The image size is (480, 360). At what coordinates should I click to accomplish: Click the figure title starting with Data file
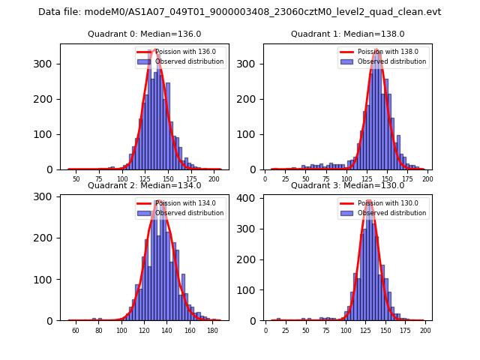click(x=240, y=12)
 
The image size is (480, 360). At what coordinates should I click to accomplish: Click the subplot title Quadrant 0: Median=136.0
click(x=144, y=34)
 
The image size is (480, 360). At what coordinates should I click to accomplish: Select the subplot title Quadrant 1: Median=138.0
click(x=347, y=34)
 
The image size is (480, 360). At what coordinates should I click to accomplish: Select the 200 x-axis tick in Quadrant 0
click(x=214, y=180)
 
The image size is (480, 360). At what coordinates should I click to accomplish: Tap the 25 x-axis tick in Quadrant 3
click(x=286, y=331)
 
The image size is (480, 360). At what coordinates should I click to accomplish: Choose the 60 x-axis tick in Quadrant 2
click(x=76, y=331)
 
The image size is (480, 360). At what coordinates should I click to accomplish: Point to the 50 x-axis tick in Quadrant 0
click(x=76, y=180)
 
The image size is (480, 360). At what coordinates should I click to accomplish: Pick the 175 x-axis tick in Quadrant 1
click(x=407, y=180)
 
